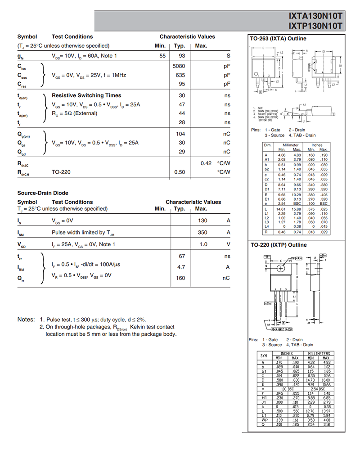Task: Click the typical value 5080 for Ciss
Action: [179, 66]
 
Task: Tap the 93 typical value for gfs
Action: [182, 56]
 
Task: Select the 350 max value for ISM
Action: [202, 232]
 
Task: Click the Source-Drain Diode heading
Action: [43, 193]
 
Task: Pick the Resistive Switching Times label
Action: [86, 95]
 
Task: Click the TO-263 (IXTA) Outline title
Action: [278, 39]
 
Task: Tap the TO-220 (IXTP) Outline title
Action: [278, 245]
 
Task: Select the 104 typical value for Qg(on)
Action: [180, 134]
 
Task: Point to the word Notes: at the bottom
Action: [26, 319]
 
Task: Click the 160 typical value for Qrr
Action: [180, 278]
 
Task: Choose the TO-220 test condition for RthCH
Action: [62, 172]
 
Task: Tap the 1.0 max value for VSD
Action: [203, 244]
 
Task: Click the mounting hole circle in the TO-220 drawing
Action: [281, 268]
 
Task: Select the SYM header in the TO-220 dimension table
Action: [264, 356]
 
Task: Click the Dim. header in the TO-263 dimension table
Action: [268, 145]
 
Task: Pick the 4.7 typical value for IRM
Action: [181, 267]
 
